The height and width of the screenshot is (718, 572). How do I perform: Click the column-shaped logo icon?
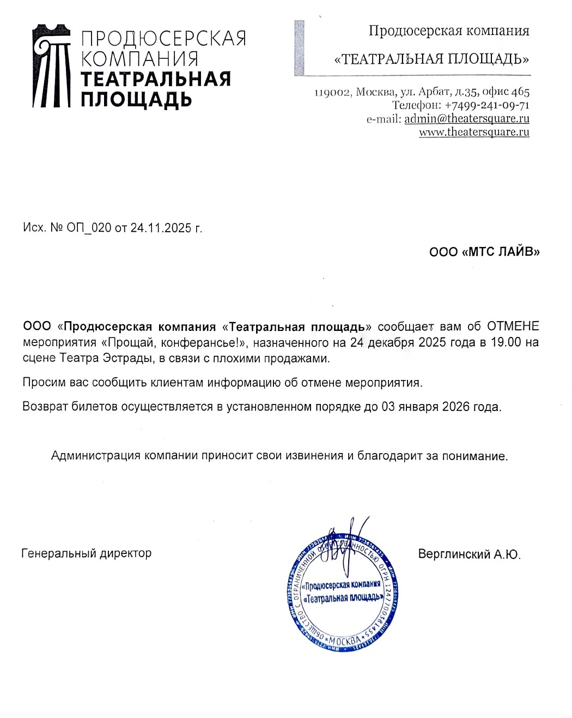click(x=52, y=65)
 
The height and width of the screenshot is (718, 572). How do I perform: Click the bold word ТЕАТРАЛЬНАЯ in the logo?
click(x=156, y=79)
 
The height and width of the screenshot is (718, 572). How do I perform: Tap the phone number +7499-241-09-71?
click(x=487, y=105)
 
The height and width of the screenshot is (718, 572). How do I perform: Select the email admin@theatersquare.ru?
click(x=467, y=118)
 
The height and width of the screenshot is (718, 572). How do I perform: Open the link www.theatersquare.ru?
click(x=474, y=132)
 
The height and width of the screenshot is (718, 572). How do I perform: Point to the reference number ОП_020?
click(x=89, y=228)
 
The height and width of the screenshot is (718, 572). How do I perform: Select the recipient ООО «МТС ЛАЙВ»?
click(x=484, y=252)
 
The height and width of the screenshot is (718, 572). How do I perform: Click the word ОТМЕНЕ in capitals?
click(x=513, y=327)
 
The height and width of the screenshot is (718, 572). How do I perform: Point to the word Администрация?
click(x=96, y=456)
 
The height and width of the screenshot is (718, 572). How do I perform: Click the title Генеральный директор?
click(x=87, y=553)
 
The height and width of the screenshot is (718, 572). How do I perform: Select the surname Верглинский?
click(x=454, y=554)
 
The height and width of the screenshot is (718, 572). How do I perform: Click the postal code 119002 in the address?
click(x=332, y=92)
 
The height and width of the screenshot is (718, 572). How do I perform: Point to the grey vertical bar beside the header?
click(x=299, y=47)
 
